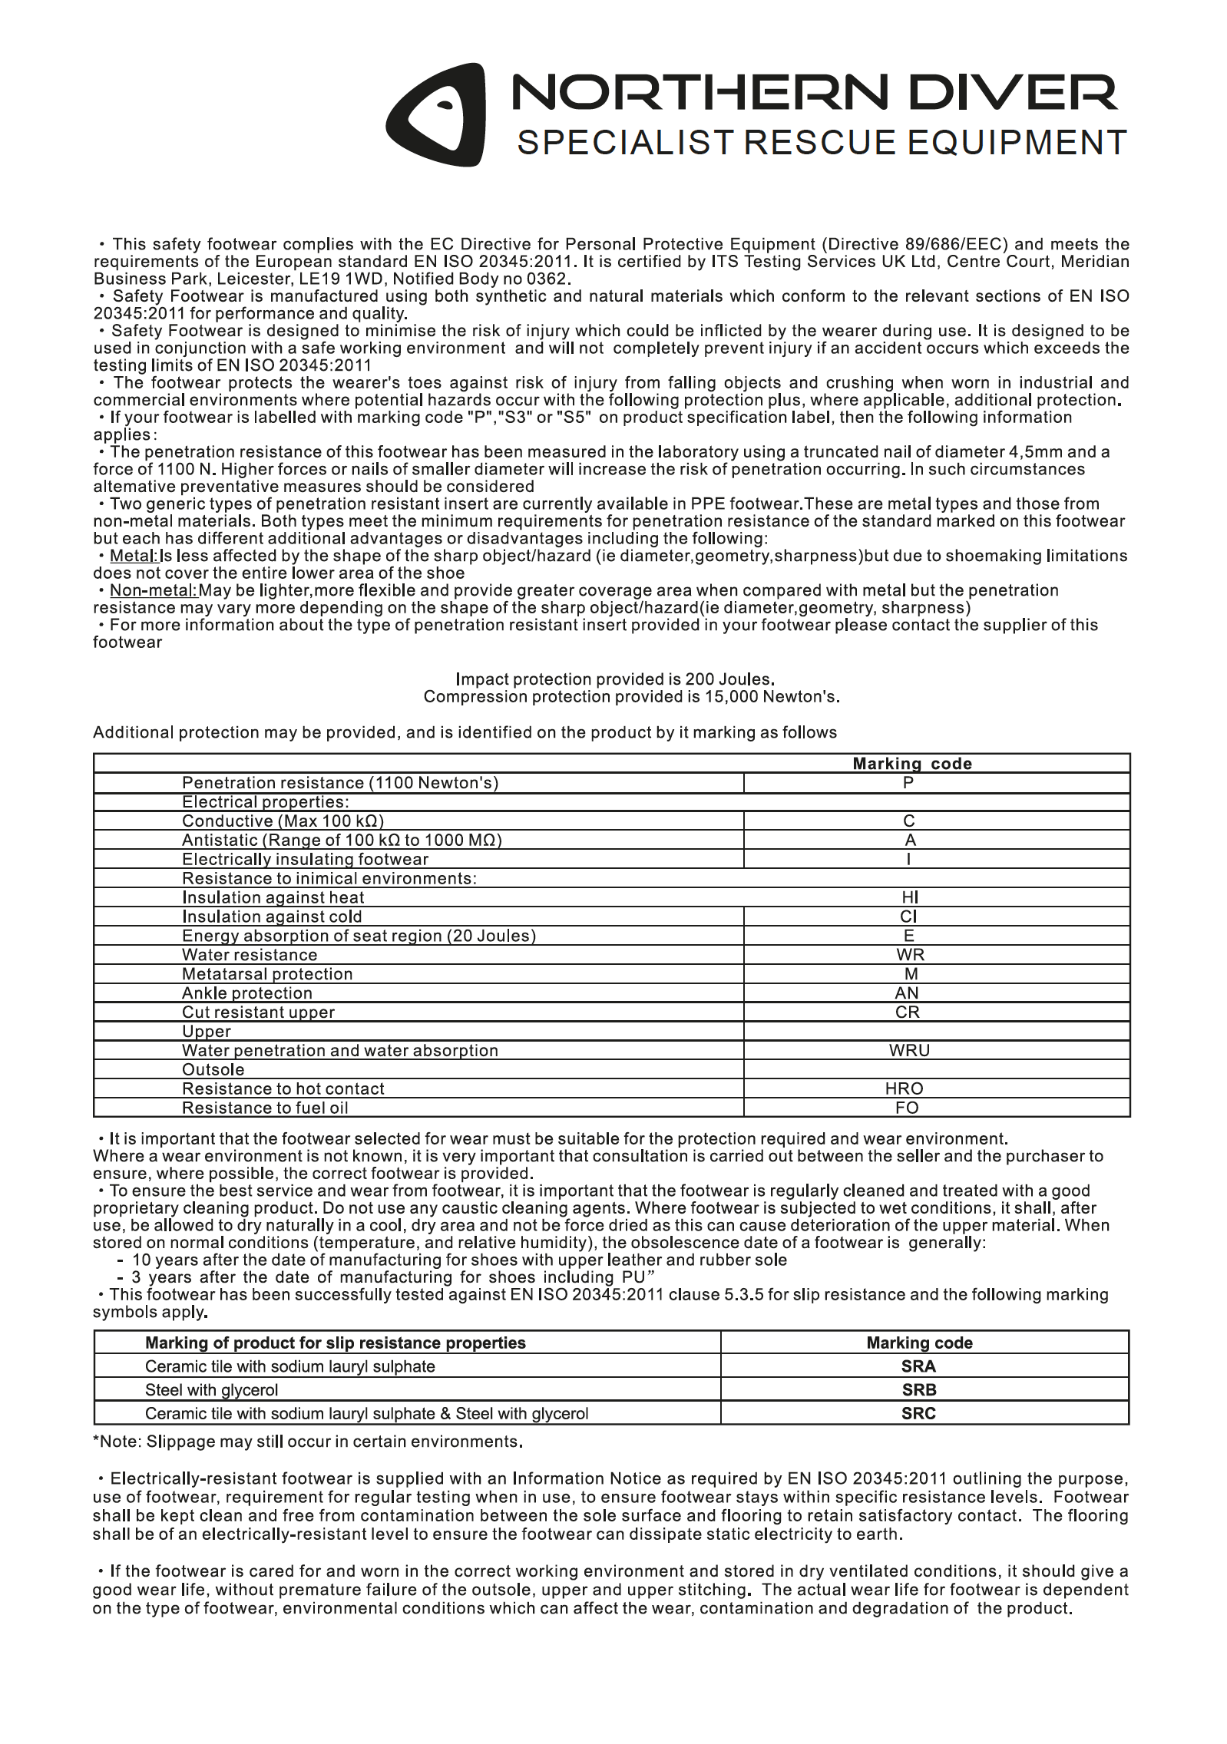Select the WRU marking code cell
tap(909, 1050)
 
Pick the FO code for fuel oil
tap(907, 1108)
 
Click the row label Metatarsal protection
tap(267, 974)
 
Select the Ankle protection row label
tap(246, 993)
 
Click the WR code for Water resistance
tap(910, 955)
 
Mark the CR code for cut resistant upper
tap(908, 1012)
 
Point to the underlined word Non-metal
tap(154, 590)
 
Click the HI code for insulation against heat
tap(910, 897)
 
